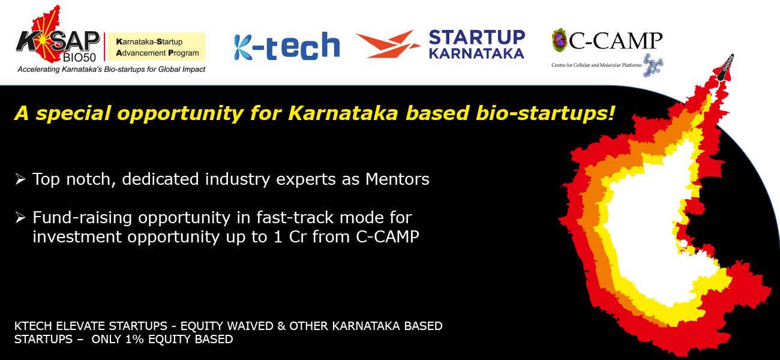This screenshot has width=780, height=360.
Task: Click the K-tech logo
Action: click(287, 47)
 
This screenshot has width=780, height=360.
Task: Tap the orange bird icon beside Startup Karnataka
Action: click(387, 44)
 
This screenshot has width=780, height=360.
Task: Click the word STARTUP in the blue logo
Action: click(477, 38)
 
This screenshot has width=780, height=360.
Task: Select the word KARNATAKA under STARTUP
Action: click(476, 53)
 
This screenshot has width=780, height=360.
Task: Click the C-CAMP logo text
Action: click(615, 41)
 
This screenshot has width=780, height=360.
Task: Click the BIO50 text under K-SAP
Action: click(79, 56)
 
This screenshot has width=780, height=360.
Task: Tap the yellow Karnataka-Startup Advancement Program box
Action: click(157, 47)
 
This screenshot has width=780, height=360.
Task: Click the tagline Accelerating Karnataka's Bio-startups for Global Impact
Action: click(112, 69)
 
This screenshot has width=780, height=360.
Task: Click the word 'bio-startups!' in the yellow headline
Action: click(545, 113)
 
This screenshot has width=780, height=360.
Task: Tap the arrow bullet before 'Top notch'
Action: click(20, 179)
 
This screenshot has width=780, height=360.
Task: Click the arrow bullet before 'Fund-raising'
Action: click(20, 218)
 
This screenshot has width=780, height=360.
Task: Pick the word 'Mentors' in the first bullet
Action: click(397, 179)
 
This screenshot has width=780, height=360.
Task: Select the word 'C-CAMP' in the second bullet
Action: click(388, 237)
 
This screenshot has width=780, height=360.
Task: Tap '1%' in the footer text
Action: click(134, 339)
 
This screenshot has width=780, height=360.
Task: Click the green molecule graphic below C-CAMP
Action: click(653, 65)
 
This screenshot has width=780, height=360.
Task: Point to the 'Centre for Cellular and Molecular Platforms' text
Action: click(596, 65)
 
